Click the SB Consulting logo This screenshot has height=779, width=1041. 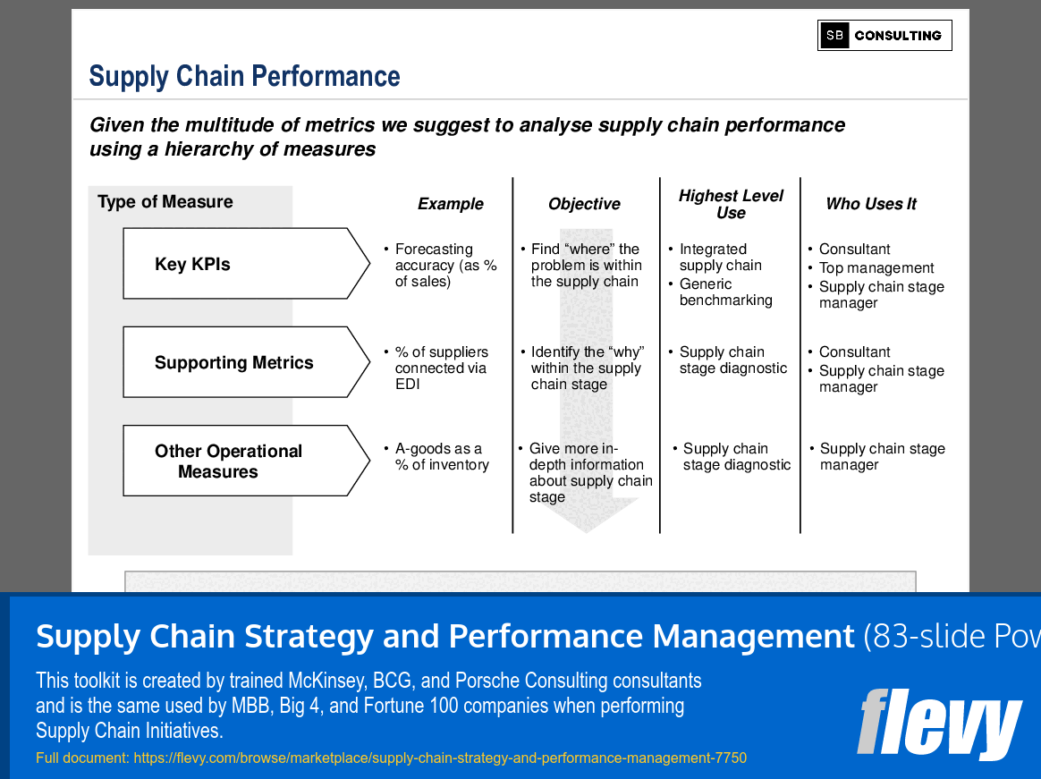(x=884, y=36)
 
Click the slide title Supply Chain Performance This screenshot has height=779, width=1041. (x=244, y=77)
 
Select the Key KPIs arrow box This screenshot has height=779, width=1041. (x=241, y=264)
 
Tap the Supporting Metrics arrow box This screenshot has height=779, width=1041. (x=241, y=362)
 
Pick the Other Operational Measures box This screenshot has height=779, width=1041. (x=241, y=461)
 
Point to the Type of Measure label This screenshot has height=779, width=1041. (x=165, y=202)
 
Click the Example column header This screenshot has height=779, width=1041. (x=450, y=204)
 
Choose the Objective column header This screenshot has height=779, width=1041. (x=584, y=204)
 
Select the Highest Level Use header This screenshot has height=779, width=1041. (x=730, y=204)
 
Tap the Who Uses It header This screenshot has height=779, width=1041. (x=871, y=204)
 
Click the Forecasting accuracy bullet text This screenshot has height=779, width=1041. (x=444, y=266)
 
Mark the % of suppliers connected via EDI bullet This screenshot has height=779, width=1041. (x=441, y=368)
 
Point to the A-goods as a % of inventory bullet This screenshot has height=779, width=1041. (x=441, y=457)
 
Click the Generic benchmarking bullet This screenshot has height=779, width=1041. (x=724, y=292)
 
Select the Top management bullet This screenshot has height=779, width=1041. (x=876, y=268)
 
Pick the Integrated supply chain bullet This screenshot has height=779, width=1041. (x=720, y=258)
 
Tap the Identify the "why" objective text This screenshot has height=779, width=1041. (x=586, y=368)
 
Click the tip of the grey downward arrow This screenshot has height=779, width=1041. (x=587, y=531)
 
